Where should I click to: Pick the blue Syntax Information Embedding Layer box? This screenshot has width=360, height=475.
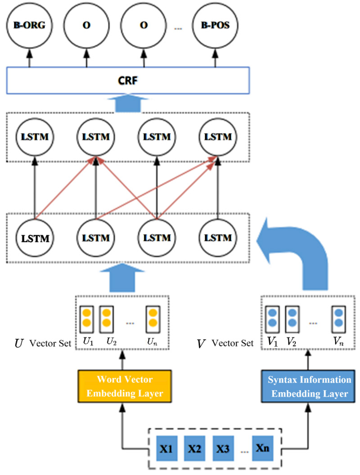[x=309, y=386]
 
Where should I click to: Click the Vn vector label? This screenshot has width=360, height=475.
[x=339, y=342]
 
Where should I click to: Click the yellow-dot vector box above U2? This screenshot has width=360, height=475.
[x=106, y=318]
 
